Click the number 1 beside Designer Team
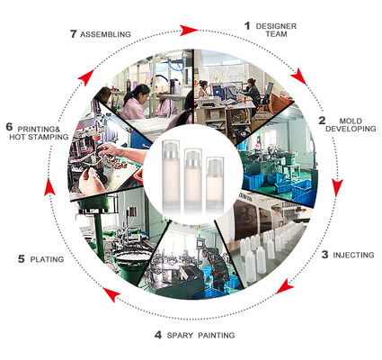tap(247, 26)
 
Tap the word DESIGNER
tap(276, 26)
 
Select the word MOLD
tap(351, 121)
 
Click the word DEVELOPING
tap(351, 129)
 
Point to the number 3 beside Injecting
tap(324, 255)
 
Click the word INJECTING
tap(353, 255)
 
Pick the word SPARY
tap(180, 335)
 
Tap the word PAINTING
tap(217, 335)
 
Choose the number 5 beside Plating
tap(21, 259)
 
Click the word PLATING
tap(47, 259)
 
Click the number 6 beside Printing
tap(9, 127)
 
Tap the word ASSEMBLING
tap(105, 34)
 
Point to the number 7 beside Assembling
tap(73, 34)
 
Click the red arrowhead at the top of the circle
tap(189, 31)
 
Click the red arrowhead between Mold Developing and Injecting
tap(337, 187)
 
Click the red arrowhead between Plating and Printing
tap(49, 187)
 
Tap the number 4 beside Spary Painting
tap(158, 335)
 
